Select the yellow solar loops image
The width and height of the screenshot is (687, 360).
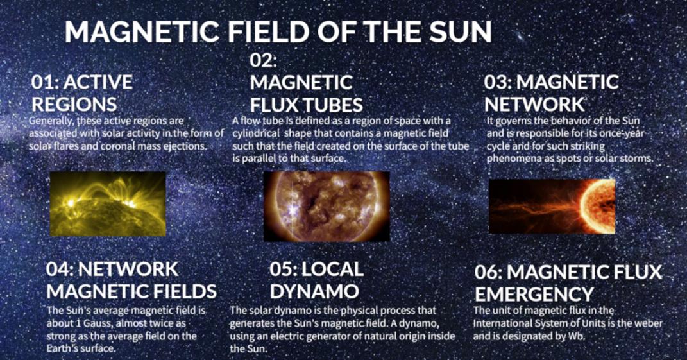(x=108, y=204)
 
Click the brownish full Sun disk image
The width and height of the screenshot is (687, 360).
(x=327, y=206)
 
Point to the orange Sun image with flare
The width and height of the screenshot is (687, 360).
(x=552, y=206)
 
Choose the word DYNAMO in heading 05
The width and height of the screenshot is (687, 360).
(x=314, y=291)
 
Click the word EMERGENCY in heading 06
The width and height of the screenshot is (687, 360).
(x=534, y=295)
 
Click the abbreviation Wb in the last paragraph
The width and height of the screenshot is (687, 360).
(x=578, y=337)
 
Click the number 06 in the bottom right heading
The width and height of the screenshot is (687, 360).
(x=488, y=272)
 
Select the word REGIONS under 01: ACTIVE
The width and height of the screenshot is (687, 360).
(x=74, y=105)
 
